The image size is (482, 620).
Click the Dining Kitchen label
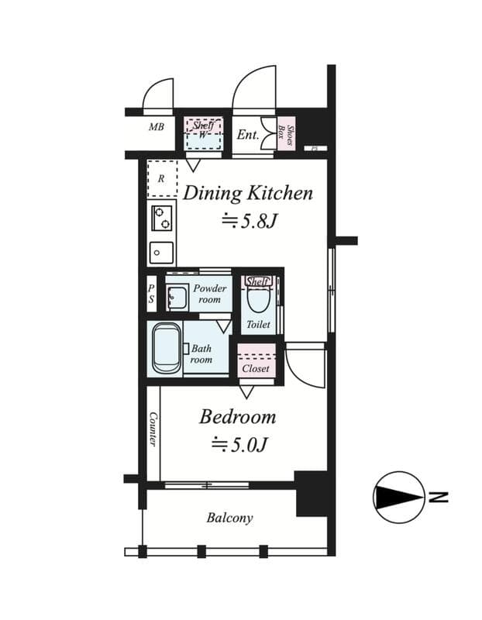(x=248, y=194)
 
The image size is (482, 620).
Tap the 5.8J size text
(x=249, y=222)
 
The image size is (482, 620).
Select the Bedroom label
(x=237, y=417)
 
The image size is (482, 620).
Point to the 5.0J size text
(x=240, y=446)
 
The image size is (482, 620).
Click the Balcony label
(x=229, y=518)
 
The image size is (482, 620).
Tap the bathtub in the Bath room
(x=166, y=349)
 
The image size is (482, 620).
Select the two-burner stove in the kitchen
(x=162, y=218)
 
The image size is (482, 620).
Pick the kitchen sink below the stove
(x=161, y=253)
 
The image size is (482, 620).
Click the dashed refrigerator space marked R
(x=162, y=179)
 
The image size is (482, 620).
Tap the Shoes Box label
(x=285, y=134)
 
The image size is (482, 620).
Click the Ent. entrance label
(x=248, y=135)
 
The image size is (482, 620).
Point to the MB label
(x=157, y=127)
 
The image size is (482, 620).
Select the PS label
(x=151, y=294)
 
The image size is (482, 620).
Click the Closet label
(x=256, y=369)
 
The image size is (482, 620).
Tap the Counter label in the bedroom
(x=153, y=429)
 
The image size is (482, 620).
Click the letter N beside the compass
(x=439, y=497)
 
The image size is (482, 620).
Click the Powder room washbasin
(x=177, y=298)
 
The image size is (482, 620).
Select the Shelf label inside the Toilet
(x=257, y=281)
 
